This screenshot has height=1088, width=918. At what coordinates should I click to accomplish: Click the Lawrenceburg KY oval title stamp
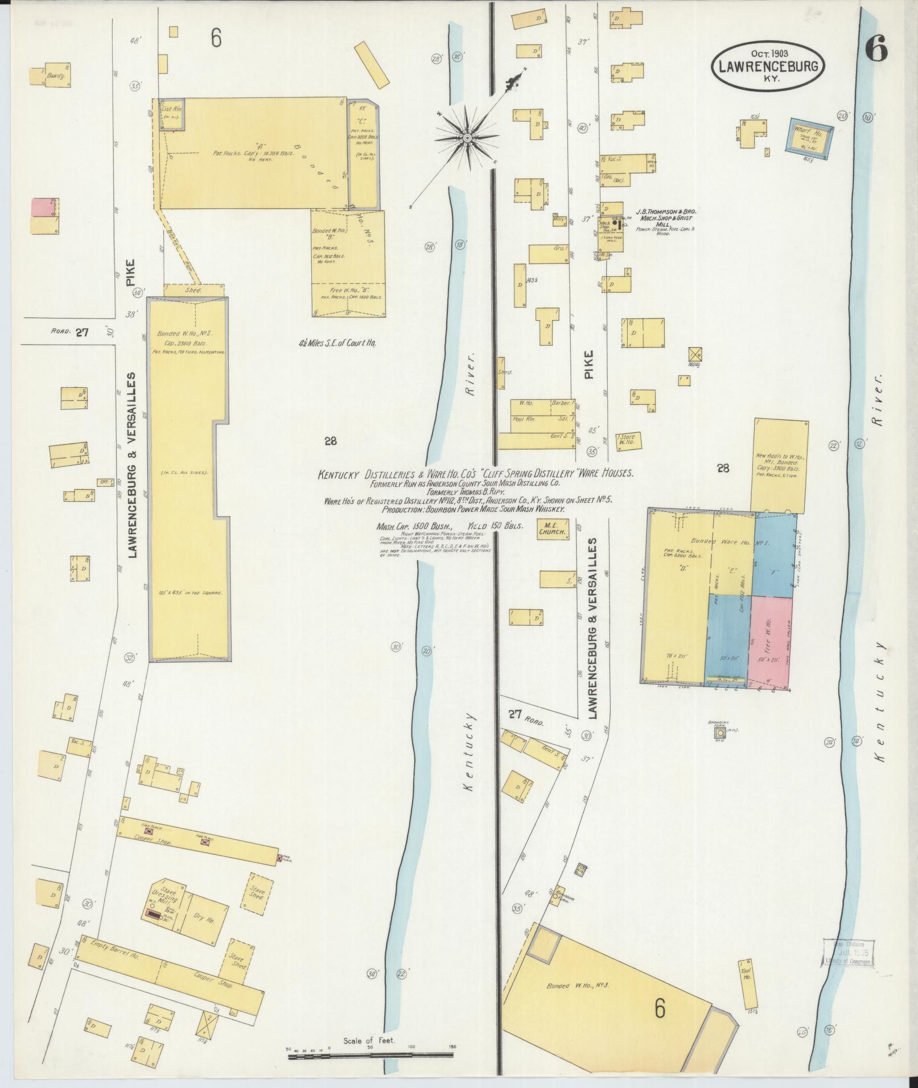pyautogui.click(x=767, y=67)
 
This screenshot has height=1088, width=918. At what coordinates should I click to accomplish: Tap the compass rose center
pyautogui.click(x=467, y=138)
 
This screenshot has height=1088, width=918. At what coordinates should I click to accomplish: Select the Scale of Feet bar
pyautogui.click(x=370, y=1056)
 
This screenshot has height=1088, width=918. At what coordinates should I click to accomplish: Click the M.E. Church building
pyautogui.click(x=554, y=528)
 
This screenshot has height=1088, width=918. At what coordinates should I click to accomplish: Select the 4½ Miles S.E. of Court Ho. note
pyautogui.click(x=337, y=343)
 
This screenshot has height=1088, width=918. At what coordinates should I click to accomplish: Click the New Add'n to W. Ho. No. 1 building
pyautogui.click(x=780, y=464)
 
